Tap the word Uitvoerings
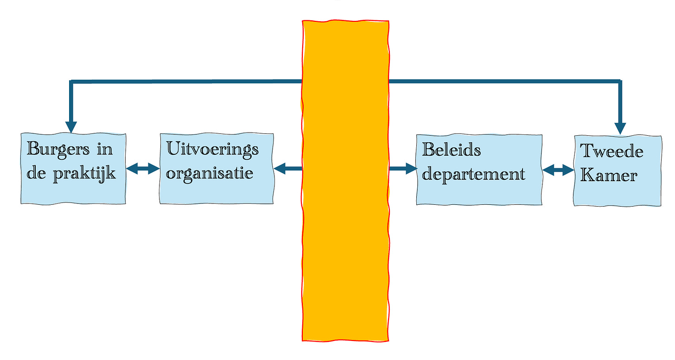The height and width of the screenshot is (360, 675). pos(212,150)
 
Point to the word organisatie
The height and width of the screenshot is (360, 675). pos(210,174)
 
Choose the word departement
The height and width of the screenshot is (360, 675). pos(473,174)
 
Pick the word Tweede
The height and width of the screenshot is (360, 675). pos(611,152)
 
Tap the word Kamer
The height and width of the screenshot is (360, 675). pos(609,176)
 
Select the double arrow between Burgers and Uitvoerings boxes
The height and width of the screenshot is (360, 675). pos(143,169)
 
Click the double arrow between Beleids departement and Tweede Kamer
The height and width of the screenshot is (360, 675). pos(558,170)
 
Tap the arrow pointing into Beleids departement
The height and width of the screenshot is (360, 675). pos(403,169)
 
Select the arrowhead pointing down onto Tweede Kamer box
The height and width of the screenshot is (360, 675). pos(620,128)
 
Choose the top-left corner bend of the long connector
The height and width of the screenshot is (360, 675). pos(71,82)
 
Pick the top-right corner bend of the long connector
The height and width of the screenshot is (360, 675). pos(620,82)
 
